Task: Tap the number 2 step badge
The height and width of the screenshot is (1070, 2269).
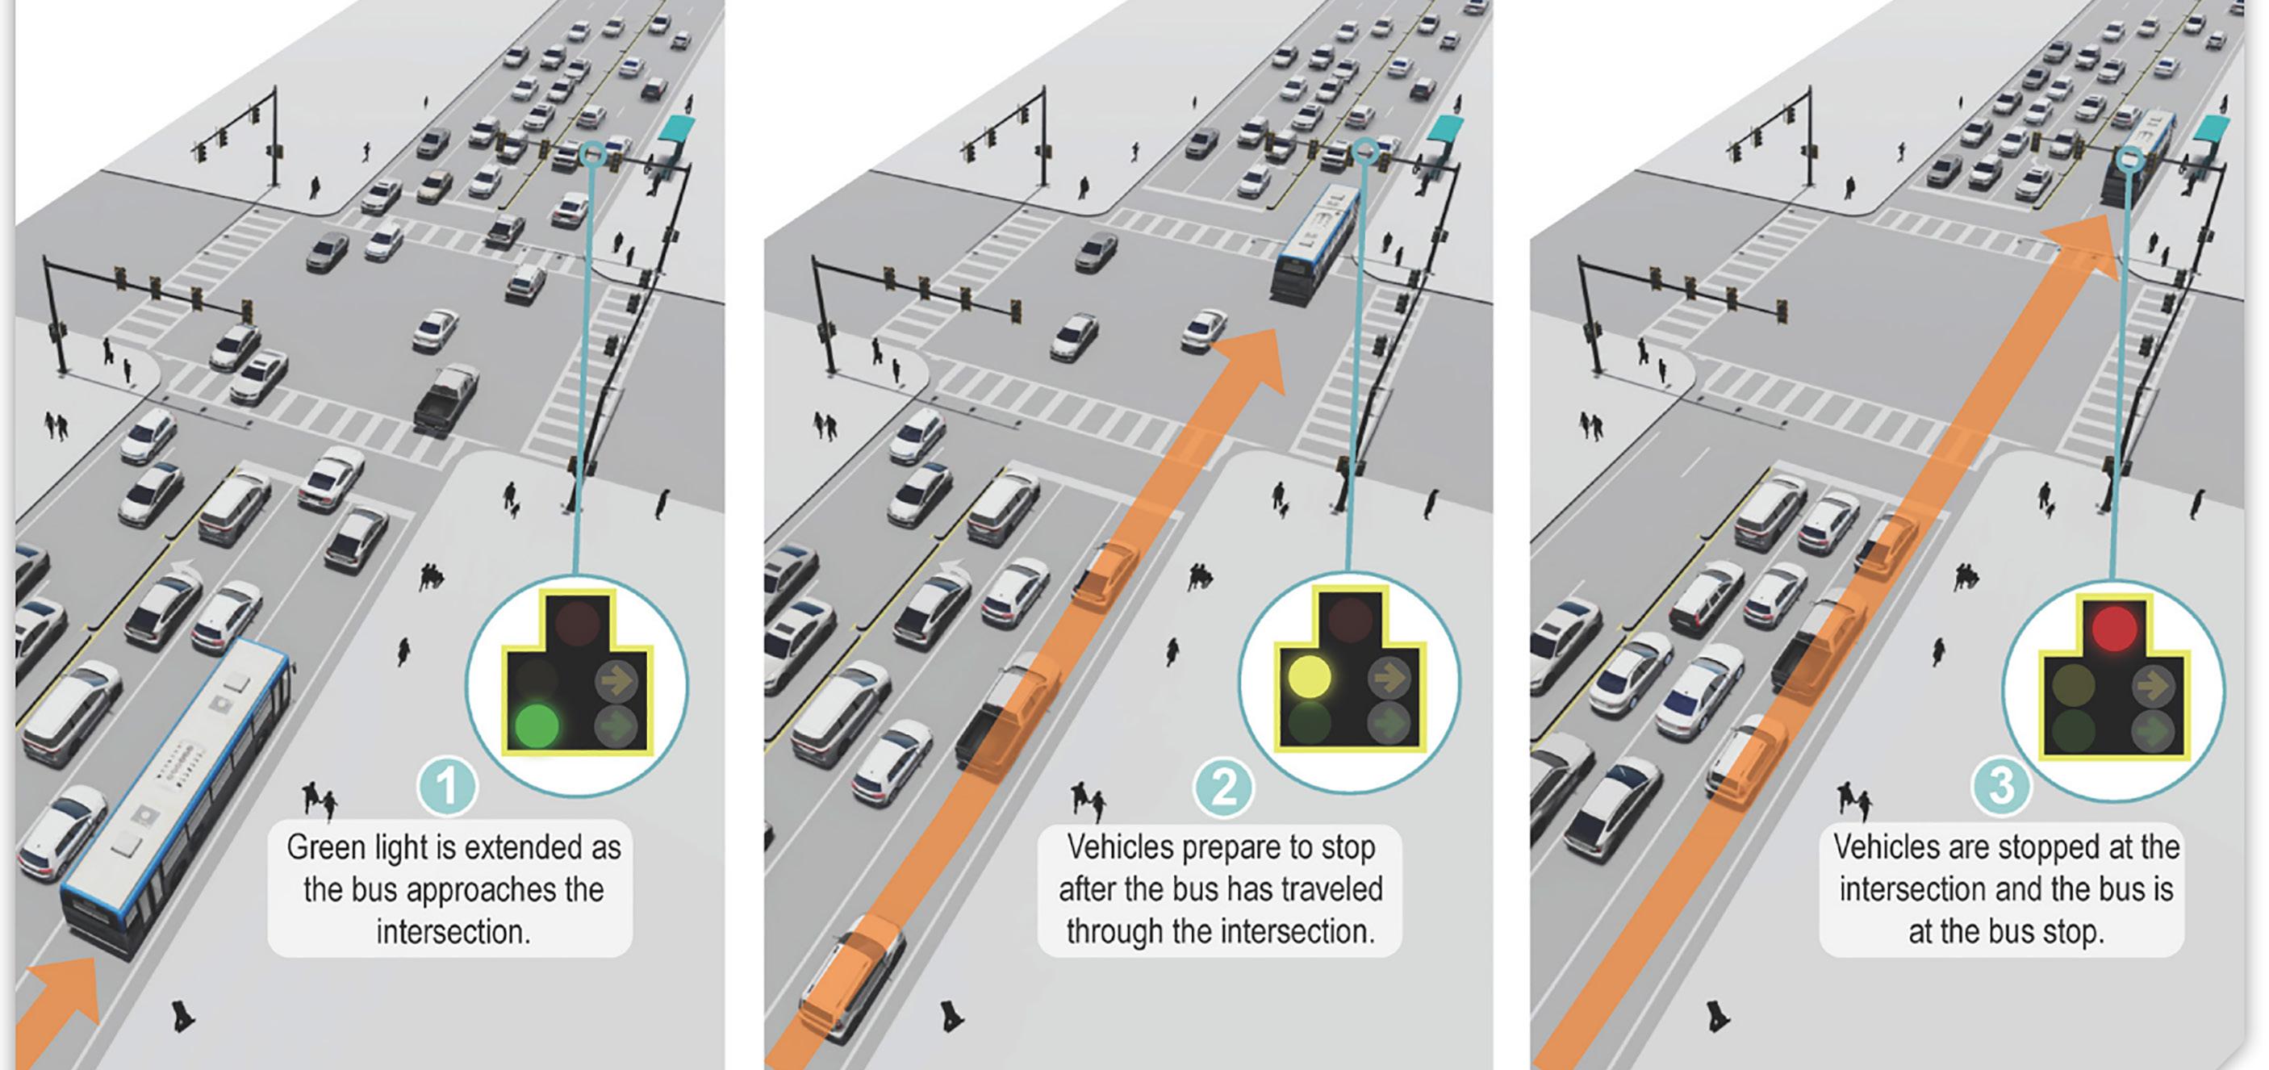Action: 1223,785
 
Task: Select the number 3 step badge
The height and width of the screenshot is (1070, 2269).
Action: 2001,785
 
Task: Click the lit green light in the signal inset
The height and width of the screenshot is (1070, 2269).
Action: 537,725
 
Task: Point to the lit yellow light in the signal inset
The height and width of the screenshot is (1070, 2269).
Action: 1310,676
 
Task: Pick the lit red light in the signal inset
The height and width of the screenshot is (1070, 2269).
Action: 2114,628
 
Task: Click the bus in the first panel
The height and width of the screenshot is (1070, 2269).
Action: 176,801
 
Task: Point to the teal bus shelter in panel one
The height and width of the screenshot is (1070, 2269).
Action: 676,132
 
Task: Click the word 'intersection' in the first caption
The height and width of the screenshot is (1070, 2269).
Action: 453,932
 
